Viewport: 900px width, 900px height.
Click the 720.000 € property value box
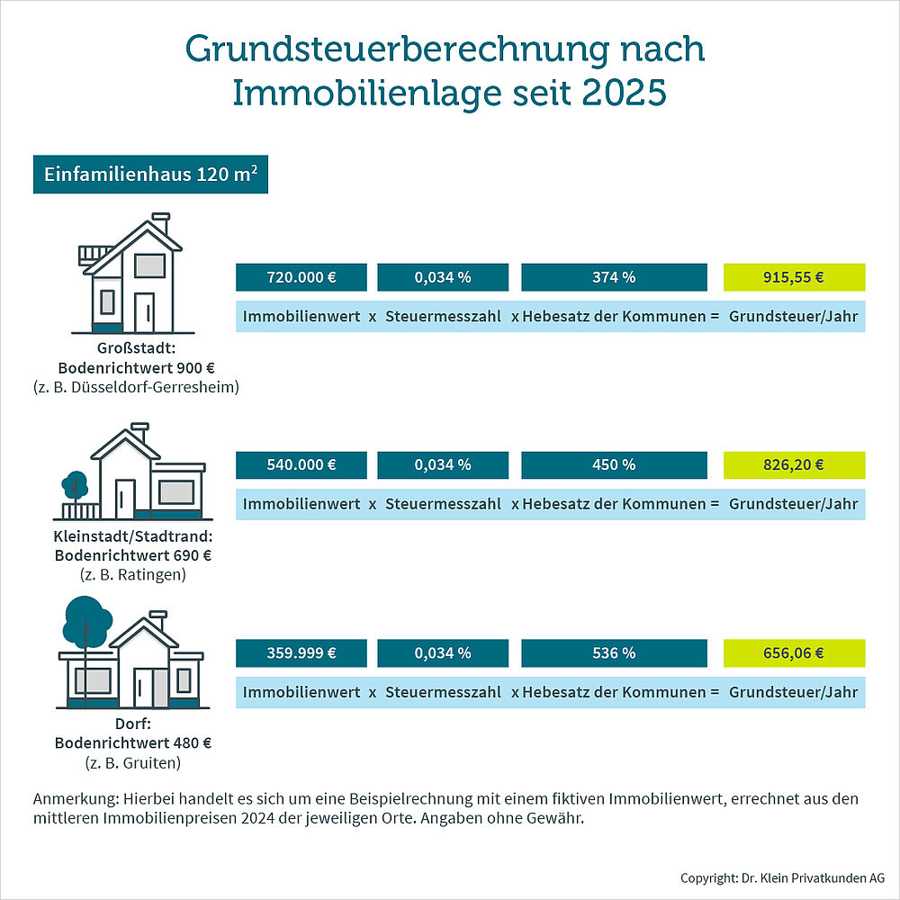[x=301, y=277]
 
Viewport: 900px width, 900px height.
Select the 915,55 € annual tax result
[x=794, y=277]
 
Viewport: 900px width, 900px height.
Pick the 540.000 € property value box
[x=301, y=465]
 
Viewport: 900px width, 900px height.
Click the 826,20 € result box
[x=794, y=465]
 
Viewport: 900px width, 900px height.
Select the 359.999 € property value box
[x=301, y=653]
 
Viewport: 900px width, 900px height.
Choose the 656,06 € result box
[x=794, y=653]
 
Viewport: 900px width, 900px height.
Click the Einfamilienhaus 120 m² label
[x=150, y=175]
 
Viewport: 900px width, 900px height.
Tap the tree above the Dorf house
[x=88, y=619]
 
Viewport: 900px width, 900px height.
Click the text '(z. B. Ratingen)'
[x=133, y=574]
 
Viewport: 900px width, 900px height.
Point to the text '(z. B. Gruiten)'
[x=133, y=762]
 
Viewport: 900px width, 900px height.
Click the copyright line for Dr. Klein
[x=782, y=877]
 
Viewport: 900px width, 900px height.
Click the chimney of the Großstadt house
[x=160, y=222]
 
